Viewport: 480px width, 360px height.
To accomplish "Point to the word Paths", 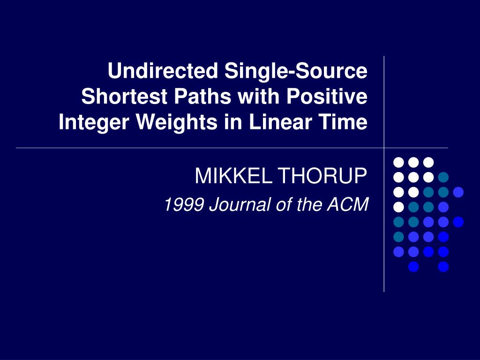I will coord(204,97).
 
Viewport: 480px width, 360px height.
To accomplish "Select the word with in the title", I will coord(256,97).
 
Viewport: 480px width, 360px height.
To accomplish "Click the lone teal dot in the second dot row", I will coord(443,177).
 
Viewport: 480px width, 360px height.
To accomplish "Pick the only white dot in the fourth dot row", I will coord(398,207).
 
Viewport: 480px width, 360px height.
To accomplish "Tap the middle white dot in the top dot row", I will coord(413,162).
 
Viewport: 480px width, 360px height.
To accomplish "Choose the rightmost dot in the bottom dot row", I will coord(443,267).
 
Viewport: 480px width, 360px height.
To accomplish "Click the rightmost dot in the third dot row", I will coord(458,192).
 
